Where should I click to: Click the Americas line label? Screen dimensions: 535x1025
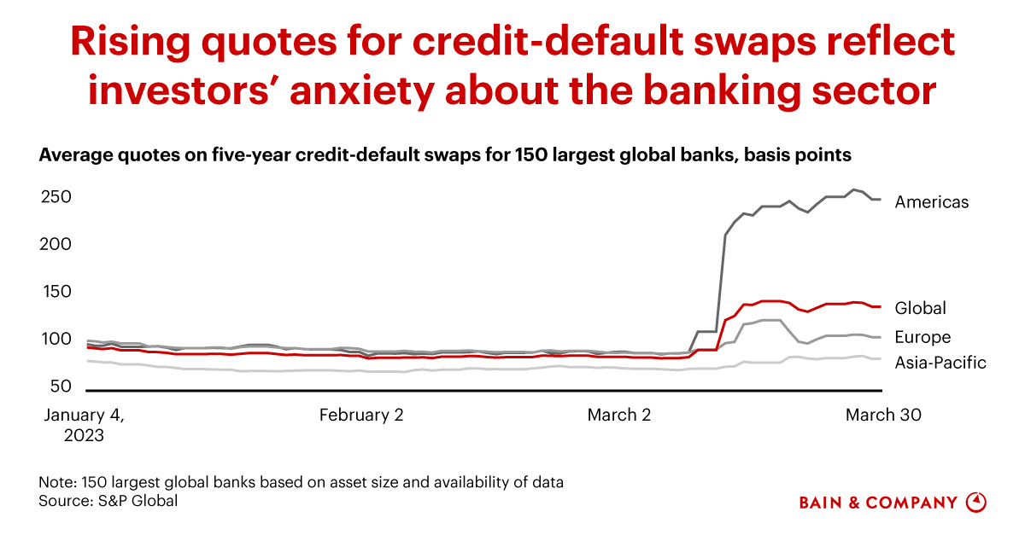click(x=931, y=202)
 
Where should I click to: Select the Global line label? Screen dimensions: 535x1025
click(x=920, y=308)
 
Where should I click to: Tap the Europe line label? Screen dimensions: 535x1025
click(x=922, y=337)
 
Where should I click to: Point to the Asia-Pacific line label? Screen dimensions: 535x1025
click(x=940, y=363)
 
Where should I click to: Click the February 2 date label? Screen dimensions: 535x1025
click(x=361, y=416)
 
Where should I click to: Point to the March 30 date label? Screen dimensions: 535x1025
click(x=883, y=416)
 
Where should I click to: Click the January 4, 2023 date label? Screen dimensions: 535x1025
click(x=84, y=424)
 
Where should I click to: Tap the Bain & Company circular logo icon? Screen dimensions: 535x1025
click(x=975, y=502)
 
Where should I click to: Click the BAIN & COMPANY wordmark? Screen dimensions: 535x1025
click(x=878, y=503)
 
